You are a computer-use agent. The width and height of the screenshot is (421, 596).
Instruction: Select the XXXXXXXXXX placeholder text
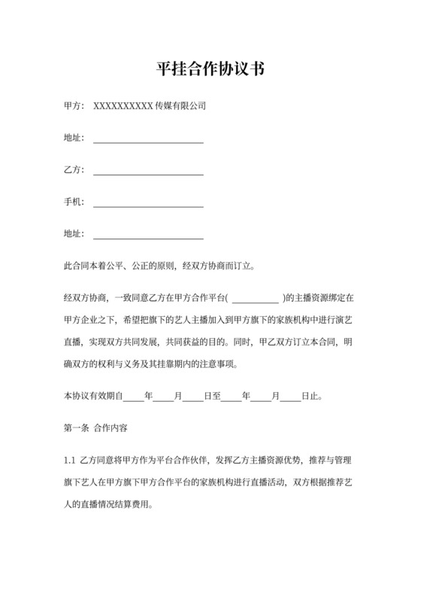click(x=123, y=106)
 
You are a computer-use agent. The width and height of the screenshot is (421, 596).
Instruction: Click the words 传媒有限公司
click(x=180, y=106)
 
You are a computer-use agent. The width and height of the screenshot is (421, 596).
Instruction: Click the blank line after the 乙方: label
click(x=147, y=172)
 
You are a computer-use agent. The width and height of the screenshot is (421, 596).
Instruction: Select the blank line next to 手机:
click(x=147, y=204)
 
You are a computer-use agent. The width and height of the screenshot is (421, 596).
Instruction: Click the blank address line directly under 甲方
click(x=147, y=139)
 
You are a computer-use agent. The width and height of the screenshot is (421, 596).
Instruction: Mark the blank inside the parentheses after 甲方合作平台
click(x=256, y=298)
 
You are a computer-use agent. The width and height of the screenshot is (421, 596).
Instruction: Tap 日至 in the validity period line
click(x=213, y=395)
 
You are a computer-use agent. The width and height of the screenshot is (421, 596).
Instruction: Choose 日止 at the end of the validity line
click(x=310, y=395)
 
